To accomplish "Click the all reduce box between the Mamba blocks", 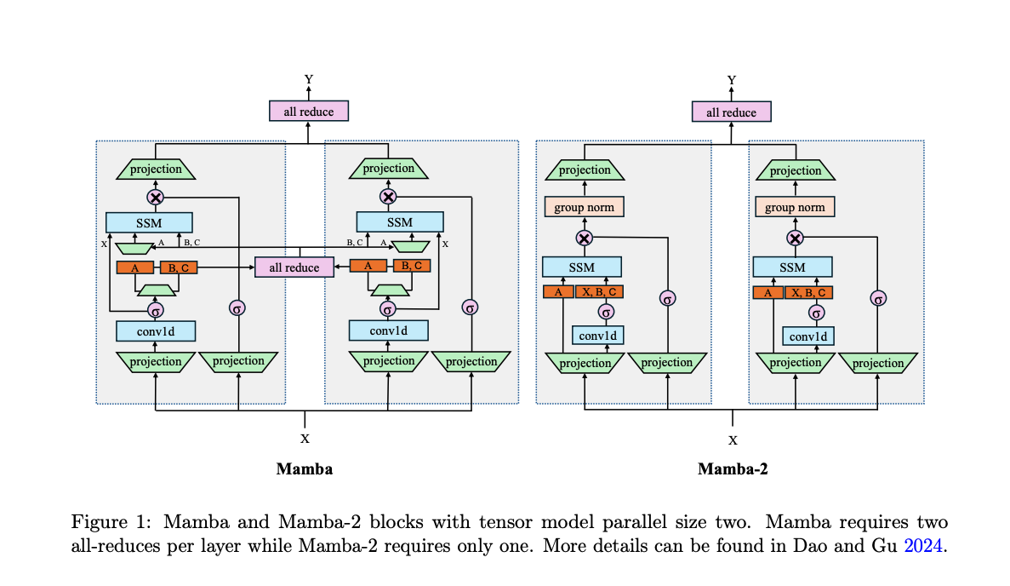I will [x=294, y=267].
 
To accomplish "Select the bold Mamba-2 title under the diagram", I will [x=733, y=468].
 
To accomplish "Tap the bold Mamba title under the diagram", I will [x=304, y=468].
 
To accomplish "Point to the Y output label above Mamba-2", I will [x=732, y=80].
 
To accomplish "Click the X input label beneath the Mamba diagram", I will [x=305, y=438].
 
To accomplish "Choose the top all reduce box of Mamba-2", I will [x=731, y=112].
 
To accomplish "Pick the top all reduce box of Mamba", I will [x=309, y=112].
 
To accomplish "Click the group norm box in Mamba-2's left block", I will [x=585, y=207].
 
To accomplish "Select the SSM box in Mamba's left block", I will [x=149, y=222].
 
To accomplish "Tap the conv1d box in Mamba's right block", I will [x=388, y=330].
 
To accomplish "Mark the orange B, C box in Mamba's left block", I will [x=178, y=267].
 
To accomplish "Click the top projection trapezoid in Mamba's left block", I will [x=155, y=169].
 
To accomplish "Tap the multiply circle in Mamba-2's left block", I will [x=584, y=238].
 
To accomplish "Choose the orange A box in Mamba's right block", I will [x=368, y=266].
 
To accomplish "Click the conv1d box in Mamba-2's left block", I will [x=597, y=335].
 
